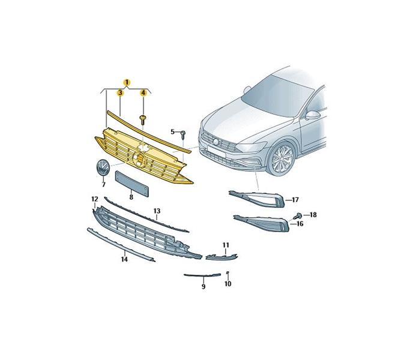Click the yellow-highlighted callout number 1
pyautogui.click(x=127, y=82)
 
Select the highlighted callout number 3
pyautogui.click(x=120, y=93)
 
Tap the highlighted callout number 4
pyautogui.click(x=143, y=93)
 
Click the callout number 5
pyautogui.click(x=173, y=131)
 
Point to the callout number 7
pyautogui.click(x=103, y=185)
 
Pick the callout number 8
pyautogui.click(x=131, y=197)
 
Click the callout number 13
pyautogui.click(x=157, y=211)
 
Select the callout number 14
pyautogui.click(x=124, y=259)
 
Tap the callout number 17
pyautogui.click(x=295, y=200)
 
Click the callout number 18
pyautogui.click(x=313, y=215)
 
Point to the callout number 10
pyautogui.click(x=228, y=284)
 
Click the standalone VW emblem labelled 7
pyautogui.click(x=103, y=167)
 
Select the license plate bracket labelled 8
pyautogui.click(x=131, y=184)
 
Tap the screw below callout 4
pyautogui.click(x=143, y=119)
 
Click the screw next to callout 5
pyautogui.click(x=183, y=134)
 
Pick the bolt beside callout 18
pyautogui.click(x=298, y=216)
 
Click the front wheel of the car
pyautogui.click(x=282, y=158)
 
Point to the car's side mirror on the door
pyautogui.click(x=313, y=115)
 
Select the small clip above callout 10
pyautogui.click(x=228, y=273)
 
